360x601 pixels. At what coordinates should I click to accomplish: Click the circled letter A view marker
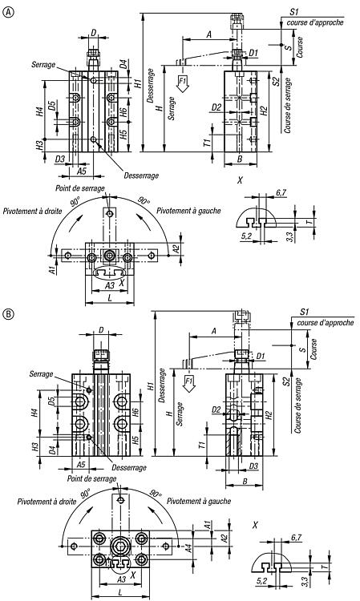(8, 13)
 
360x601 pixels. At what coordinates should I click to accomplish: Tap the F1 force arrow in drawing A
(184, 83)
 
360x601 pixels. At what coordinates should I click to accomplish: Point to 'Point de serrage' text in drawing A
(79, 188)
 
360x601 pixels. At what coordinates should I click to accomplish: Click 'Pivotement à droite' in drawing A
(32, 211)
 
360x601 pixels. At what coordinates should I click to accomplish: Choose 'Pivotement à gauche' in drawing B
(199, 501)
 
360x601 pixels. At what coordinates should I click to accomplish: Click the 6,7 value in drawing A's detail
(281, 193)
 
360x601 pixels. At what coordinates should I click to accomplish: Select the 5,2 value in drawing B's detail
(263, 581)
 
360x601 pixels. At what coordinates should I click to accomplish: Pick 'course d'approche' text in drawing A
(315, 22)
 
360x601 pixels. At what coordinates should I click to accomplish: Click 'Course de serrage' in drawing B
(297, 405)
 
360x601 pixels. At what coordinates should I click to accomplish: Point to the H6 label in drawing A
(123, 112)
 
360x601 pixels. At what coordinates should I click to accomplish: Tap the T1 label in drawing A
(207, 143)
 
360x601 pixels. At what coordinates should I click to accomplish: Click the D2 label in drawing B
(216, 410)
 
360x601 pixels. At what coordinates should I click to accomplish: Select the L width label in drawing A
(110, 298)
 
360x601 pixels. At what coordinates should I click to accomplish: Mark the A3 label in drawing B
(121, 579)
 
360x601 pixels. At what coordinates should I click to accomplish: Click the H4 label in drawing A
(39, 111)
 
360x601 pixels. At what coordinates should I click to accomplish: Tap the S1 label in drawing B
(305, 312)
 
